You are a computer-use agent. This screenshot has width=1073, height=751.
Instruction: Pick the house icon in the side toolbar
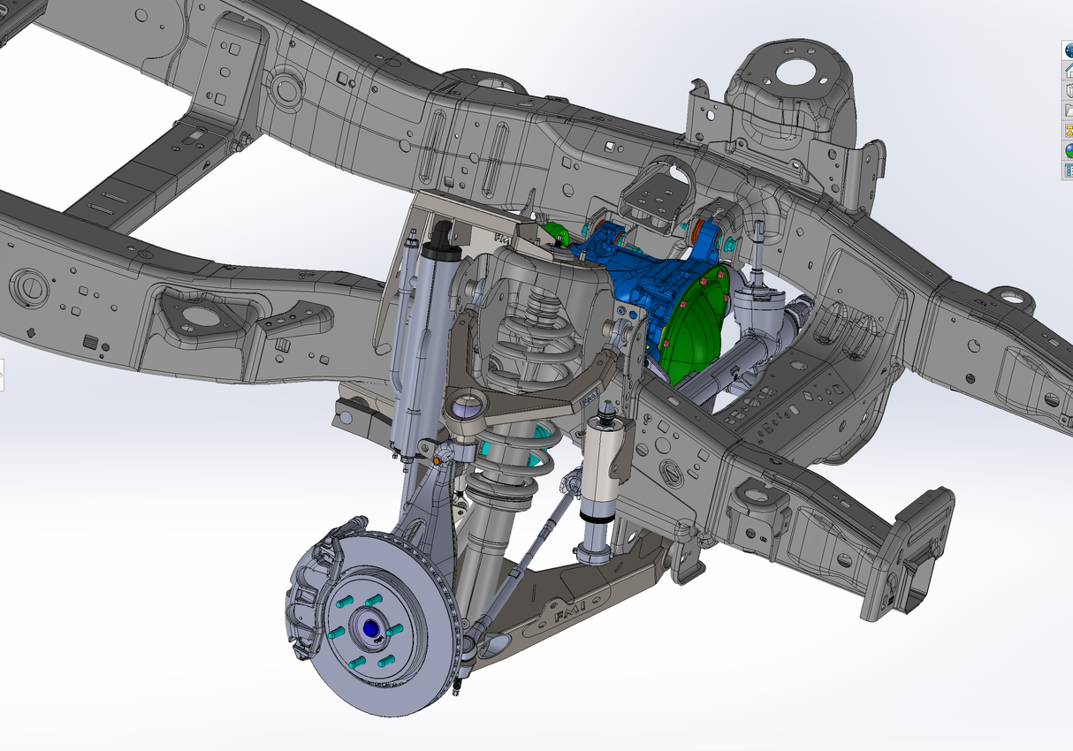coord(1068,72)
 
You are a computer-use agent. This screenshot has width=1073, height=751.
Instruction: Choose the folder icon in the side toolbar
coord(1068,111)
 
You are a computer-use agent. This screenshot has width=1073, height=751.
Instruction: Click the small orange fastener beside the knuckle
coord(439,459)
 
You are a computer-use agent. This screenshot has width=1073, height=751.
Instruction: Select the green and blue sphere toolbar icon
coord(1068,150)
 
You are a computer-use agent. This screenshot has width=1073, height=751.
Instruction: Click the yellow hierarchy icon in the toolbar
coord(1068,131)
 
